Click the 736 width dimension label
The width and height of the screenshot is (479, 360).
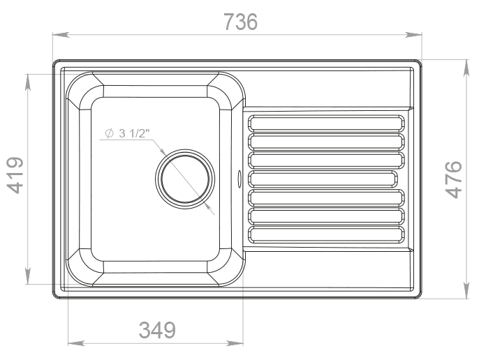coord(241,22)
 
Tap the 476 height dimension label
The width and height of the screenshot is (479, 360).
coord(453,179)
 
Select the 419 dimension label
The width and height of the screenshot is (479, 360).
coord(15,175)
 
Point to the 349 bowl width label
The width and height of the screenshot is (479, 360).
coord(157,330)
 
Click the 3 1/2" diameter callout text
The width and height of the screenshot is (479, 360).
coord(134,133)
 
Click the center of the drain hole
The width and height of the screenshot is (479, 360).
coord(185,179)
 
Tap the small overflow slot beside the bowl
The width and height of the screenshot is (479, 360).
coord(239,179)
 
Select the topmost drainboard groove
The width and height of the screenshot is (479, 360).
coord(326,123)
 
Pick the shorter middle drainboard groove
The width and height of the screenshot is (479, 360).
coord(323,179)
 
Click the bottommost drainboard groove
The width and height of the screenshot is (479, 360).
coord(326,234)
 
